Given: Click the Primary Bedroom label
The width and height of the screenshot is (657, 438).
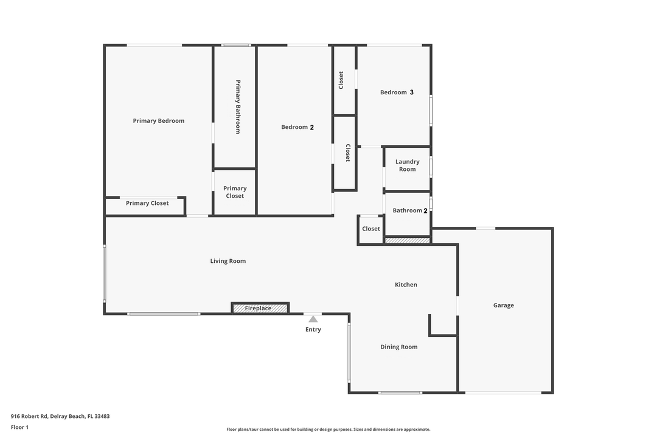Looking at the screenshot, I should (158, 121).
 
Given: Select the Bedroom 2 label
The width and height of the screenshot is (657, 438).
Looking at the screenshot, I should (297, 127).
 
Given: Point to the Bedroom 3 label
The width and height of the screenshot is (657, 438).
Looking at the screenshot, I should (397, 92).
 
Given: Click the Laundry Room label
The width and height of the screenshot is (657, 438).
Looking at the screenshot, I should (408, 165).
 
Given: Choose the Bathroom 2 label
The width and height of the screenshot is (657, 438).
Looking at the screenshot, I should (410, 210).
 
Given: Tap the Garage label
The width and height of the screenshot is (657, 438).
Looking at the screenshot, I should (503, 305).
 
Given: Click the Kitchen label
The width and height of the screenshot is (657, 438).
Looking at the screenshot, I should (406, 285).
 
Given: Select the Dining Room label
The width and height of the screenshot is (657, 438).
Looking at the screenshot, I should (399, 347).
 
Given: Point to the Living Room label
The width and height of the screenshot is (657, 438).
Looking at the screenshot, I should (228, 261).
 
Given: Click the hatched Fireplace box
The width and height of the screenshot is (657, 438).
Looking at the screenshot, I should (260, 308).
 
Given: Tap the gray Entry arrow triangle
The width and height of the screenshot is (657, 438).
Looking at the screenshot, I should (313, 319).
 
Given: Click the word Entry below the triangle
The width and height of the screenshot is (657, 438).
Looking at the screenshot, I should (313, 330).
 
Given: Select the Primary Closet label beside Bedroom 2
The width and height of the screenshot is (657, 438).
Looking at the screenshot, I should (235, 192).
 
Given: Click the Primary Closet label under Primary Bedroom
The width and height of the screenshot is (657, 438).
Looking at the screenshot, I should (147, 203).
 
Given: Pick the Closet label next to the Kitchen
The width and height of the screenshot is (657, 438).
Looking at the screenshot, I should (371, 229).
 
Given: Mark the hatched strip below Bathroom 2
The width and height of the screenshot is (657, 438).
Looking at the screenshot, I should (408, 240).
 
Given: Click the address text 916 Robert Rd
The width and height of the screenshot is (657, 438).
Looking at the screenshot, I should (60, 417).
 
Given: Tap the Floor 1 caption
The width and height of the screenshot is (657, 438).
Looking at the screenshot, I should (19, 427).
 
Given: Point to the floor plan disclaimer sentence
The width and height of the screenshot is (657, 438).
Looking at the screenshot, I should (328, 429).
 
